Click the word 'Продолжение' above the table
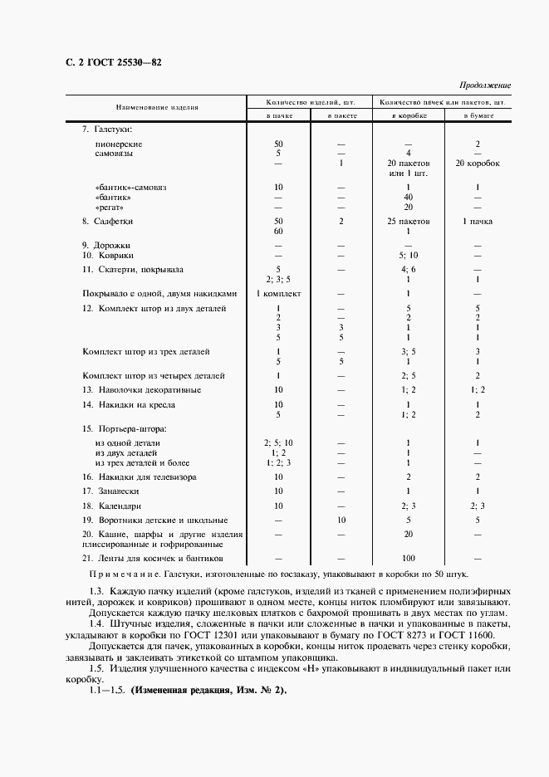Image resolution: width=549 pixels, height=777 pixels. tap(485, 86)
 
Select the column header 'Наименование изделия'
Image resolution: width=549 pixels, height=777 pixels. tap(156, 108)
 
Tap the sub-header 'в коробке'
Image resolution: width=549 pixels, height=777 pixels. tap(408, 116)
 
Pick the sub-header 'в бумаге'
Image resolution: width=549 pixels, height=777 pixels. tap(478, 116)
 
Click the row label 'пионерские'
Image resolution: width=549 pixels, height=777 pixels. tap(117, 144)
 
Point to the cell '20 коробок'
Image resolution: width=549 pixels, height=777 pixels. tap(478, 164)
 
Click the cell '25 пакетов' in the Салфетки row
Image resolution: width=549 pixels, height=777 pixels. tap(408, 222)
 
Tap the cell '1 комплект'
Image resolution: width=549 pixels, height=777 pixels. tap(278, 293)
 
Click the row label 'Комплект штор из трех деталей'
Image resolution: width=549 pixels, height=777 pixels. tap(146, 351)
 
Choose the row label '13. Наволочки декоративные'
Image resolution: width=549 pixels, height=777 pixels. tap(141, 389)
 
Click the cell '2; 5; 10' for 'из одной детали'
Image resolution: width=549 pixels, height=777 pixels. tap(278, 442)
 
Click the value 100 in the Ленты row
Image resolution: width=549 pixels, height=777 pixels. tap(408, 559)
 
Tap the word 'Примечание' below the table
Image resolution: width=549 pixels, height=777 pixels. tap(124, 574)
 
